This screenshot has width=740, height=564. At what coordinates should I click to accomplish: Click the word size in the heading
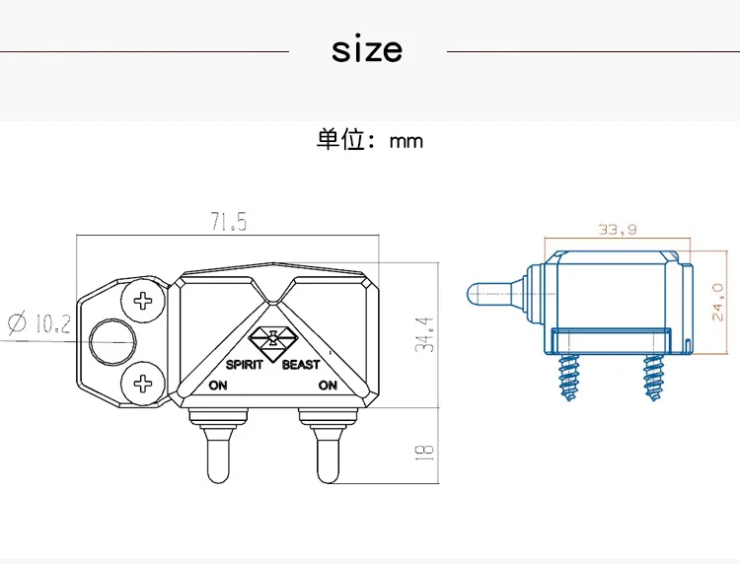367,49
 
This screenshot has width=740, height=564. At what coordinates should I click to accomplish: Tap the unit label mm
407,141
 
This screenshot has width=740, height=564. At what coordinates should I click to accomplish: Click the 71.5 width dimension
229,222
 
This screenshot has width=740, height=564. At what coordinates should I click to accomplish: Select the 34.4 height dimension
424,334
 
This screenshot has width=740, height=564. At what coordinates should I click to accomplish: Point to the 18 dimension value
424,453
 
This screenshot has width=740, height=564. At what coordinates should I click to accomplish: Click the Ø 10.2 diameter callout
39,323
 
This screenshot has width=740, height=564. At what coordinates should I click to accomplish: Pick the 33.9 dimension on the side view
618,230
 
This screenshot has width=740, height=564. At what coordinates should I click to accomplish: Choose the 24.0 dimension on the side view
717,303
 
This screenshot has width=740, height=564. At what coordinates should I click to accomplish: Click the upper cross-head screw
143,301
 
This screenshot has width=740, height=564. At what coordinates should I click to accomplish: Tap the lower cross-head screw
143,384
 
